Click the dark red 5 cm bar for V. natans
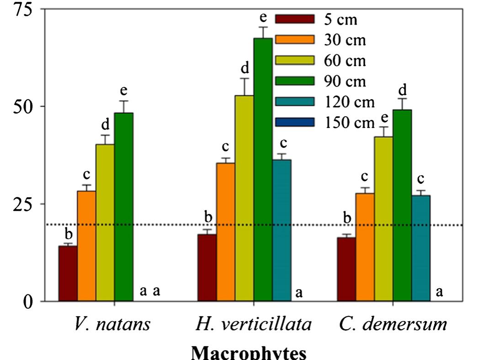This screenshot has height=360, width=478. (x=68, y=273)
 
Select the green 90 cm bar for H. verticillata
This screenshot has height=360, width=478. (x=263, y=169)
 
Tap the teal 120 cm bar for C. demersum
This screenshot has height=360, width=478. (x=421, y=248)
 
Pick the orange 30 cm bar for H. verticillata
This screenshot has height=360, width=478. (x=225, y=231)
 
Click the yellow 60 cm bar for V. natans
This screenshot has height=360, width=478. (x=105, y=222)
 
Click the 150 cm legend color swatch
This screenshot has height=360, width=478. (x=295, y=122)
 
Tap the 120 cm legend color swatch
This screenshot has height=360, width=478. (x=295, y=101)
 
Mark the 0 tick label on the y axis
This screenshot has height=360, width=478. (x=29, y=302)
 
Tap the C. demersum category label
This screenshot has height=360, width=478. (x=393, y=324)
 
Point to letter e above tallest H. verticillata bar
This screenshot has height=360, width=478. (x=263, y=18)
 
